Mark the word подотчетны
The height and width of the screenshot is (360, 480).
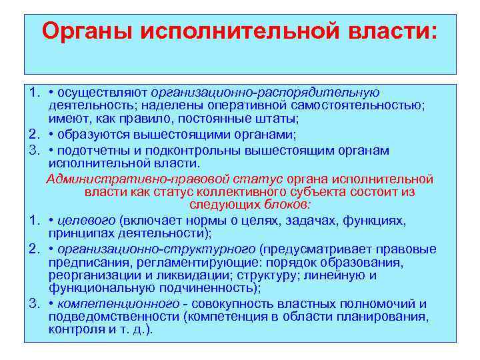point(97,151)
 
